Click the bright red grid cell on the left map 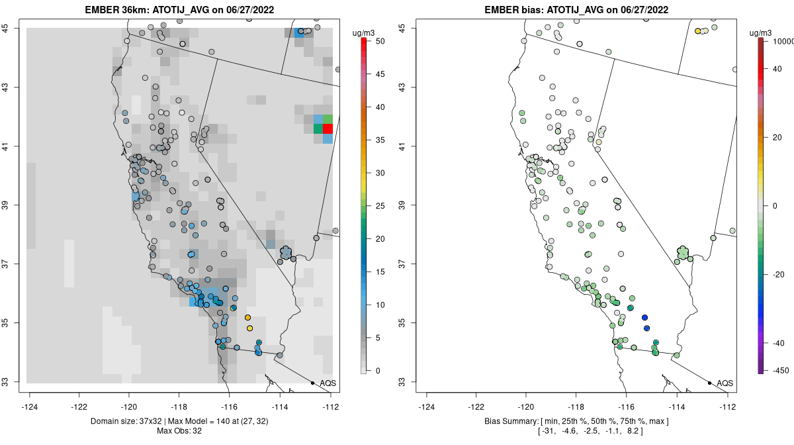[328, 128]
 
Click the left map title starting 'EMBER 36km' [179, 9]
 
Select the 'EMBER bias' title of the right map [576, 9]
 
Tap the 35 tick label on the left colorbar [380, 140]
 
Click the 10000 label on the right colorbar [783, 42]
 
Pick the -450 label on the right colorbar [780, 371]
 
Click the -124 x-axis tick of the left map [29, 407]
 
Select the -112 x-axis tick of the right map [727, 407]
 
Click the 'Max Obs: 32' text [179, 431]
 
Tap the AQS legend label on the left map [328, 383]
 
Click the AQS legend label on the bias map [725, 383]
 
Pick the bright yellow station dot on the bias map [697, 31]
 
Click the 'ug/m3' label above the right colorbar [760, 33]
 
